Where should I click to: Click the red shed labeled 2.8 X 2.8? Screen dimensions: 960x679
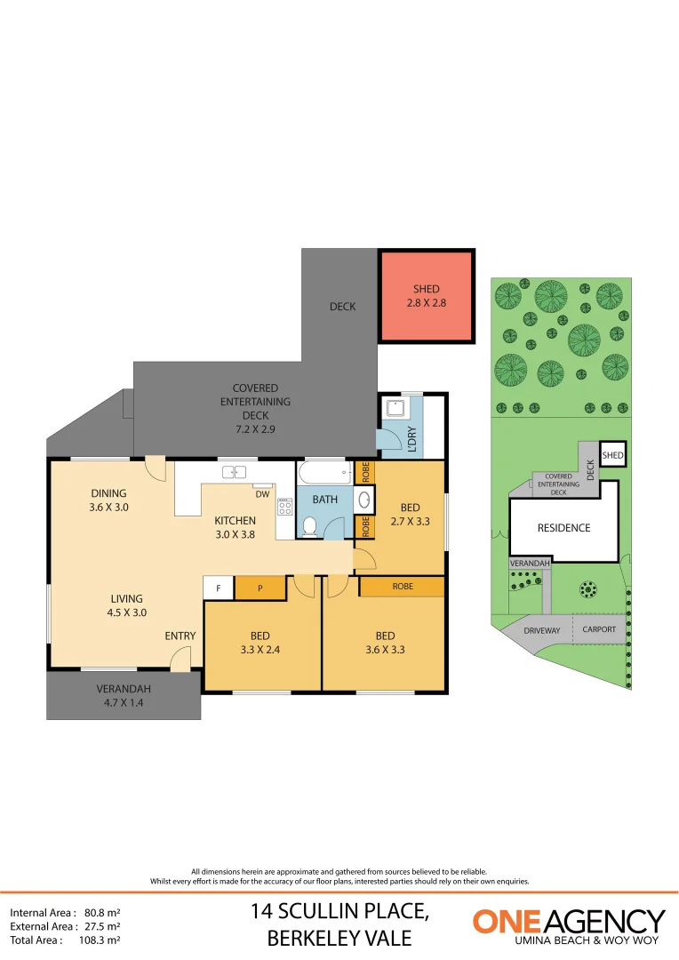(x=426, y=297)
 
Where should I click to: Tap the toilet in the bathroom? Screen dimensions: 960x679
(x=309, y=527)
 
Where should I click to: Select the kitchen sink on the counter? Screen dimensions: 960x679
(x=235, y=472)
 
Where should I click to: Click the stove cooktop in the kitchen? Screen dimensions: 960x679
(x=285, y=508)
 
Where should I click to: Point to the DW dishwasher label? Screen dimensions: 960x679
(x=262, y=494)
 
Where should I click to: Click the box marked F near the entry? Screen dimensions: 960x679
(x=219, y=588)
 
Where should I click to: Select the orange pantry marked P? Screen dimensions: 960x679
(x=260, y=588)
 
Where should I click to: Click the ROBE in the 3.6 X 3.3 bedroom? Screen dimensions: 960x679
(x=402, y=587)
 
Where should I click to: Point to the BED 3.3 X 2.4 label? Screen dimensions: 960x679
(x=260, y=643)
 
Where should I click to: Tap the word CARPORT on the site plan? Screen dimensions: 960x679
(x=599, y=629)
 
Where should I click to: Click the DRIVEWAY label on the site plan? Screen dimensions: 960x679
(x=541, y=629)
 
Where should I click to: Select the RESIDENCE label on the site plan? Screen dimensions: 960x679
(x=563, y=528)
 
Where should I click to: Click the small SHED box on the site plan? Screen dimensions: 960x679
(x=612, y=456)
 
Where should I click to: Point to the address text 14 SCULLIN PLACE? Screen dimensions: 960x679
(x=340, y=911)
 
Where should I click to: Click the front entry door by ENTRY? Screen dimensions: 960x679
(x=180, y=659)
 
